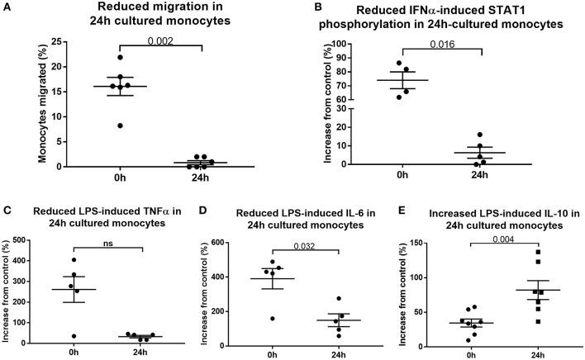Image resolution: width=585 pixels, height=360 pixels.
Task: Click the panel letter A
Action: click(x=7, y=7)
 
